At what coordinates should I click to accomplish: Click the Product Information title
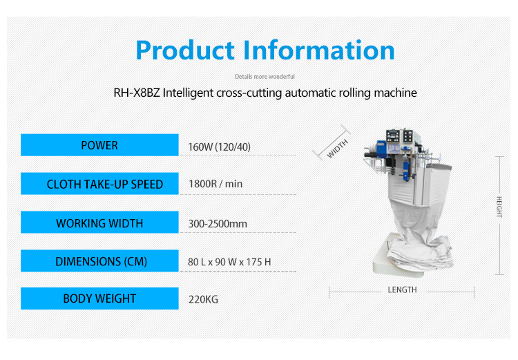click(265, 50)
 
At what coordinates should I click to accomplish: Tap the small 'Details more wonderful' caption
click(265, 77)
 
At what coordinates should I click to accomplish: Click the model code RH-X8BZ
click(137, 93)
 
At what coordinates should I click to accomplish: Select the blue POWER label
click(99, 145)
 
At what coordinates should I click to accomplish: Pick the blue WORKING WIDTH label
click(99, 223)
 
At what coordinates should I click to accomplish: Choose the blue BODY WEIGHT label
click(99, 299)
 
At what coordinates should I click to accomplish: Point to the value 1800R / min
click(215, 184)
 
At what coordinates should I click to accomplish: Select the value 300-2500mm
click(218, 224)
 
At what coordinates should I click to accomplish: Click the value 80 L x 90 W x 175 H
click(229, 263)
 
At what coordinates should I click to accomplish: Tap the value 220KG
click(204, 300)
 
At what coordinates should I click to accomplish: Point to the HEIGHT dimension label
click(498, 207)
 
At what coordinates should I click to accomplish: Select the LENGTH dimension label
click(401, 290)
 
